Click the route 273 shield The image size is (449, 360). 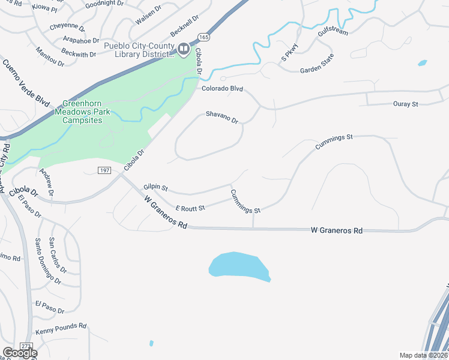point(26,346)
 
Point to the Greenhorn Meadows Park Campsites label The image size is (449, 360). point(79,112)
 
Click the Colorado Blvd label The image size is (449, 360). point(222,89)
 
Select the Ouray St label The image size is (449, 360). point(405,104)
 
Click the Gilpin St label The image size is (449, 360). point(155,188)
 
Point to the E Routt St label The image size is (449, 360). point(190,208)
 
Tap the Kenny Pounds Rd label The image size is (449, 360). point(61,329)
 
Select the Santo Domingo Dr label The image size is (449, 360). point(48,262)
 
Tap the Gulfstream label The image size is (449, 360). point(332,31)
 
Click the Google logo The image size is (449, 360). point(20,353)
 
